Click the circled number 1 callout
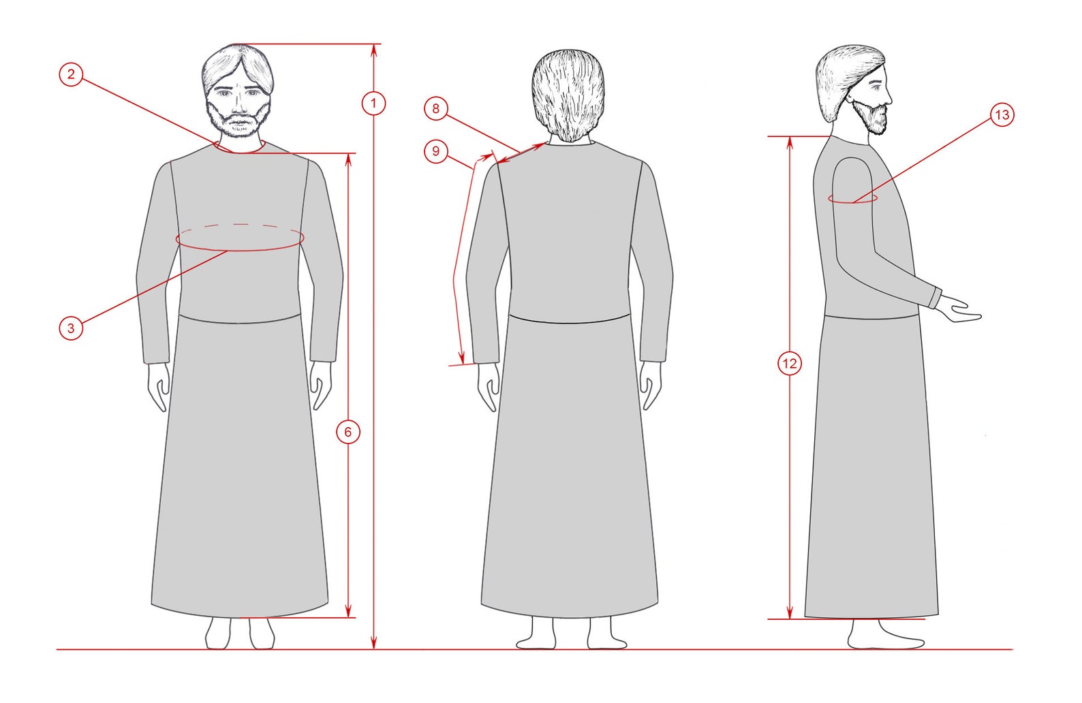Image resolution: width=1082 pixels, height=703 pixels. [x=373, y=104]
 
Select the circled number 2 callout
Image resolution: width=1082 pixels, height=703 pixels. [x=71, y=74]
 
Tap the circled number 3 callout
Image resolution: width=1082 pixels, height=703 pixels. [x=71, y=328]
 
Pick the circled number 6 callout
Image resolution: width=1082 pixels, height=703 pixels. [x=348, y=432]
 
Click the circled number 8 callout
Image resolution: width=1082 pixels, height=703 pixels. [x=436, y=108]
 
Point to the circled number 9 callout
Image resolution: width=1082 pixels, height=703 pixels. [x=436, y=151]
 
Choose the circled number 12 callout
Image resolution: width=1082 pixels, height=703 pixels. [x=789, y=363]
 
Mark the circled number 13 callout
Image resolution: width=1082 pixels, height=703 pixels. [x=1002, y=114]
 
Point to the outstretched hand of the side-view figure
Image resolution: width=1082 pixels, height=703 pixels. [x=961, y=311]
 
